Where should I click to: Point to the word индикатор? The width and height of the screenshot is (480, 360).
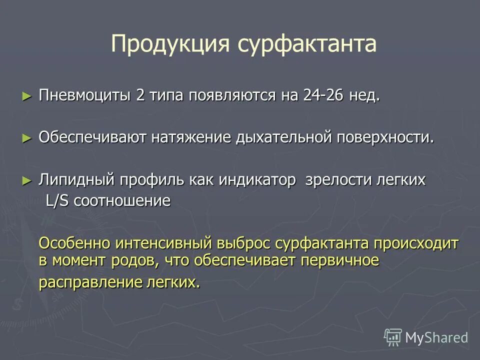[x=257, y=180]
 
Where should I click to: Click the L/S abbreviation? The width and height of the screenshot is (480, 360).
[x=57, y=201]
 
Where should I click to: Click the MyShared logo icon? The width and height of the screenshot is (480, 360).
[x=393, y=337]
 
